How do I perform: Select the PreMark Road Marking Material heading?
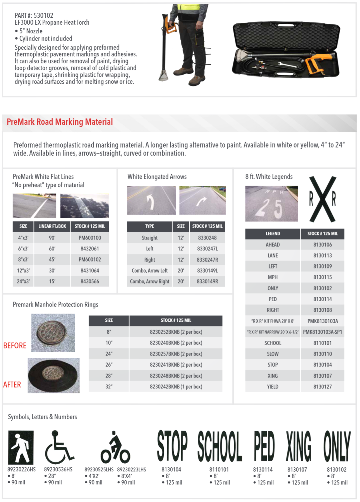[x=60, y=122]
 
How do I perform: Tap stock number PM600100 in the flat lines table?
[x=90, y=238]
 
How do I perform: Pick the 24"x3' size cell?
[x=23, y=281]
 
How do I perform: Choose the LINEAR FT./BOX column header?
[x=52, y=226]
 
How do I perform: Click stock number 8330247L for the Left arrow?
[x=207, y=249]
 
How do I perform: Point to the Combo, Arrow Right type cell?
[x=149, y=281]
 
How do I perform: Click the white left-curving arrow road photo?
[x=151, y=200]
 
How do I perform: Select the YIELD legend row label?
[x=273, y=387]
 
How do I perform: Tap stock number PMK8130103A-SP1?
[x=322, y=332]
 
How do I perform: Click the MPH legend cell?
[x=273, y=277]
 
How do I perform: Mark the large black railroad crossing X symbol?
[x=323, y=199]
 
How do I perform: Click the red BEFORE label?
[x=15, y=345]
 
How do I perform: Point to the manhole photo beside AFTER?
[x=54, y=375]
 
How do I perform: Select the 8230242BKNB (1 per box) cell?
[x=176, y=387]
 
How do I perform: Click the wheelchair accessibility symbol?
[x=59, y=447]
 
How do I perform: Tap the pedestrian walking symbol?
[x=21, y=447]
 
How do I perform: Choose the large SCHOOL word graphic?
[x=220, y=446]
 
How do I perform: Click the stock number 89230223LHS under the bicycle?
[x=131, y=470]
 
